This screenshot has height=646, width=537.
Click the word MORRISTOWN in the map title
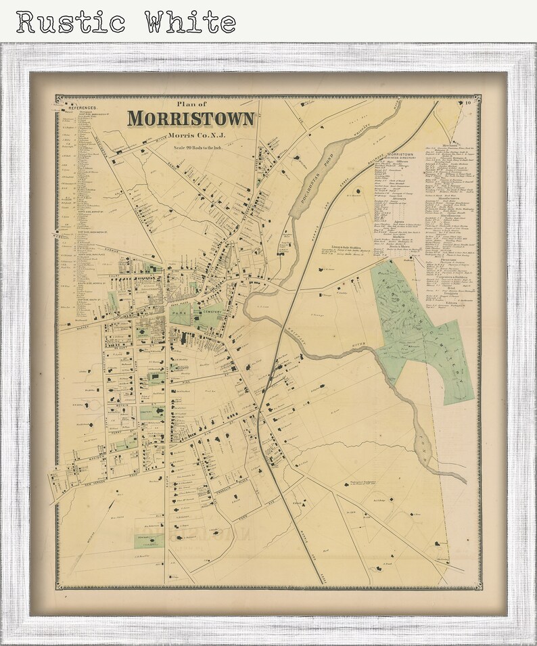click(191, 118)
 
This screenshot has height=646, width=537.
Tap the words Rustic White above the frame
click(126, 22)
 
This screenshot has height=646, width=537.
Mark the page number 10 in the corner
click(467, 103)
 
